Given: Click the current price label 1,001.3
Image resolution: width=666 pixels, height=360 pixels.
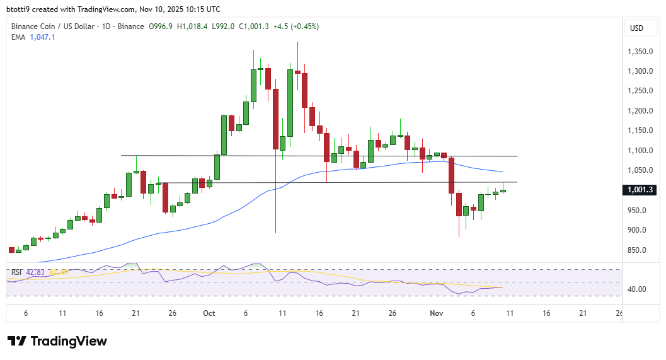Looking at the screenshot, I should coord(639,190).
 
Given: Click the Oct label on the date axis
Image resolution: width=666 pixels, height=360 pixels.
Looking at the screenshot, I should coord(209,313).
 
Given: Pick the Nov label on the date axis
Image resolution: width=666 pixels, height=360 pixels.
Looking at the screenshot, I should coord(437,313).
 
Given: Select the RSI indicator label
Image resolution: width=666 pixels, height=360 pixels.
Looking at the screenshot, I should coord(16,272).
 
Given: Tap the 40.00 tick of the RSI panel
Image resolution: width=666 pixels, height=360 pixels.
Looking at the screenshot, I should coord(636,289).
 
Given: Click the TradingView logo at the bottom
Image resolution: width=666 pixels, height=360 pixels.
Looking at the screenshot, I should coord(57,341).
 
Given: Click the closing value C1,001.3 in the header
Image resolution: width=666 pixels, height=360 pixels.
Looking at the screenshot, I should coord(253,26).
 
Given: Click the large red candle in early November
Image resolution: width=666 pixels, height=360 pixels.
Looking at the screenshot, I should coord(452,175).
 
